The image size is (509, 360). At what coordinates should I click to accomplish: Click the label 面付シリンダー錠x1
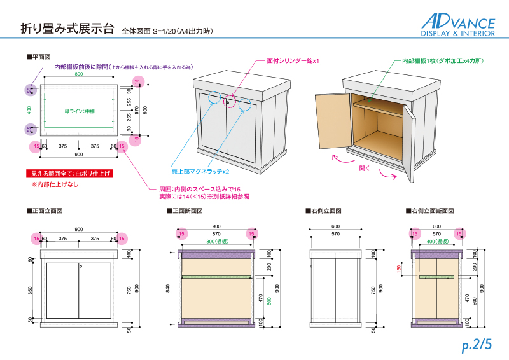tap(292, 61)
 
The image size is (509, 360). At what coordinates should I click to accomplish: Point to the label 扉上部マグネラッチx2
tap(200, 171)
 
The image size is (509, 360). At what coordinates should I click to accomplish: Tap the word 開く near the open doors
tap(365, 169)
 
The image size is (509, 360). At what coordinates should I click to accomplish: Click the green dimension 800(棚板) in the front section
tap(216, 242)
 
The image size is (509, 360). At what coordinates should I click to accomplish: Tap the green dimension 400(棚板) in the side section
tap(436, 242)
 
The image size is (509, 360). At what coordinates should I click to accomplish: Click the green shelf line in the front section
tap(216, 278)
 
